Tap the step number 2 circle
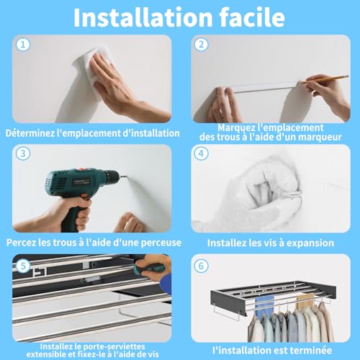(201, 45)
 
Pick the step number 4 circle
(201, 153)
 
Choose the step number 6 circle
(201, 264)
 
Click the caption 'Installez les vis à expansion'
(270, 243)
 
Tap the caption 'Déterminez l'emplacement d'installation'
(92, 132)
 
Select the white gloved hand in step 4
(241, 191)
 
